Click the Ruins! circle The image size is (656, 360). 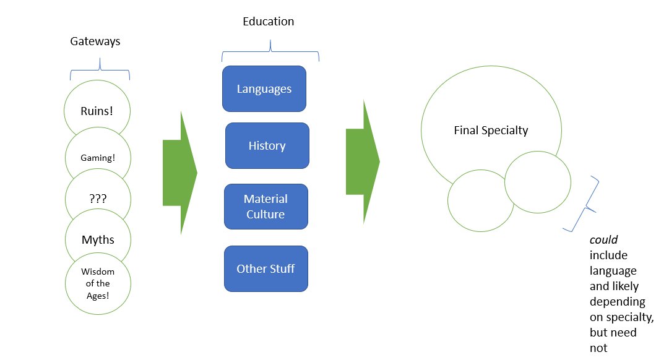(x=97, y=111)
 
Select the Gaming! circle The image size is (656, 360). (x=97, y=158)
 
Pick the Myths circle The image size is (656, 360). (x=97, y=239)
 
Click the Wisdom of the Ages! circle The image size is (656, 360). (x=97, y=283)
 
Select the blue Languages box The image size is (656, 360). (x=264, y=89)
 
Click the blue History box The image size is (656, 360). (x=267, y=146)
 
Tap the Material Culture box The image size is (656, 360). (x=265, y=207)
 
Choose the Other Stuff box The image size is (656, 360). (x=265, y=268)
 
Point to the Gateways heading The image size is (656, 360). (x=95, y=42)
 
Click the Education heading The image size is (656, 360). (x=268, y=22)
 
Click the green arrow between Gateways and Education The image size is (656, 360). (x=179, y=173)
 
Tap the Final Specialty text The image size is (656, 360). (x=491, y=131)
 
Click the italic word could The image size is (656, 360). (x=603, y=241)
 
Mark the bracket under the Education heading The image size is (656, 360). (x=270, y=53)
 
